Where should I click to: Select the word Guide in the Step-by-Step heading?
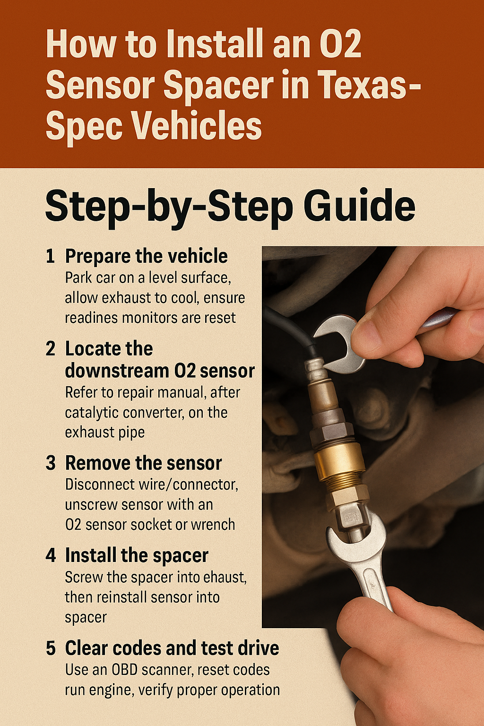click(359, 206)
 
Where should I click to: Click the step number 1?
click(50, 256)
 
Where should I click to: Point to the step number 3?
click(51, 463)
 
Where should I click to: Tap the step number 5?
click(51, 648)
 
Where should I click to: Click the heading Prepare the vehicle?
click(147, 257)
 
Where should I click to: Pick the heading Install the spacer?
click(137, 556)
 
